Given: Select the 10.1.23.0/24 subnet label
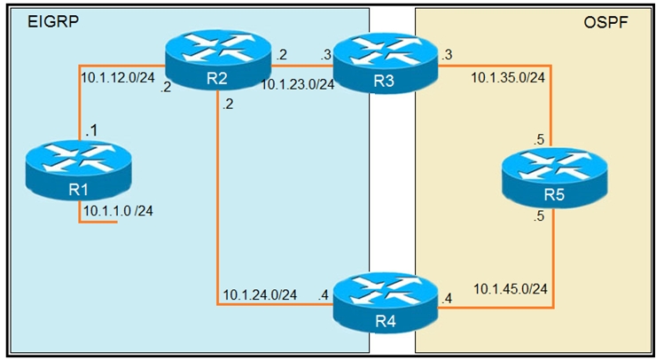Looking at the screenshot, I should (297, 86).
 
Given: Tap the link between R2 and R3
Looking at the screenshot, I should (301, 64).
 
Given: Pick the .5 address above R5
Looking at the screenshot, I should (538, 140).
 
